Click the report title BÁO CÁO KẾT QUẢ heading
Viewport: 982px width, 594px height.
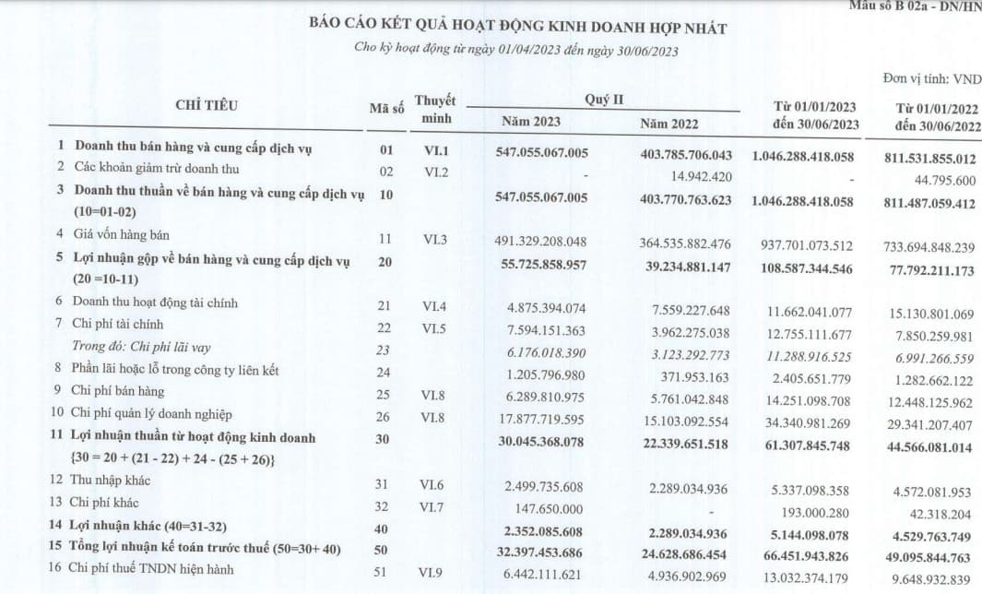pyautogui.click(x=517, y=29)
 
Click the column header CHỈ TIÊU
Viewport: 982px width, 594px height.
pyautogui.click(x=206, y=105)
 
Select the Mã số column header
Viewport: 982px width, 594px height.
pyautogui.click(x=386, y=110)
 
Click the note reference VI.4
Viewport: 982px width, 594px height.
pyautogui.click(x=436, y=307)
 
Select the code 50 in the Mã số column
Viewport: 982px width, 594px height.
pyautogui.click(x=385, y=550)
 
